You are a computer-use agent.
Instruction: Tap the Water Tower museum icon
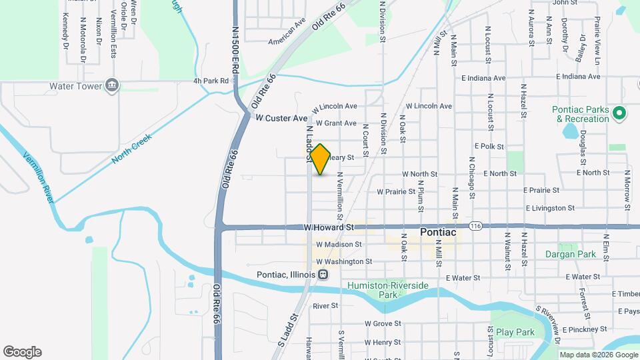(x=112, y=86)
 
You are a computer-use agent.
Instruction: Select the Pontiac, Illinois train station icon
(x=323, y=275)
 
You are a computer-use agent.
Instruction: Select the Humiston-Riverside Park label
(x=388, y=289)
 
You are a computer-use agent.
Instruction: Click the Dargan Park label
(x=570, y=254)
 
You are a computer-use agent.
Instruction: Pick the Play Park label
(x=515, y=331)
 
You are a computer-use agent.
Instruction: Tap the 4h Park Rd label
(x=211, y=81)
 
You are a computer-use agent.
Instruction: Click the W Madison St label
(x=339, y=245)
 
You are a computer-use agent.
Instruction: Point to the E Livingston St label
(x=549, y=208)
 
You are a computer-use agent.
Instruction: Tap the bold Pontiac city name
(x=438, y=233)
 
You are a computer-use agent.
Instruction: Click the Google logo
(x=22, y=352)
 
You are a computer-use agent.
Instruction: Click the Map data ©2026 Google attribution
(x=598, y=355)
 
